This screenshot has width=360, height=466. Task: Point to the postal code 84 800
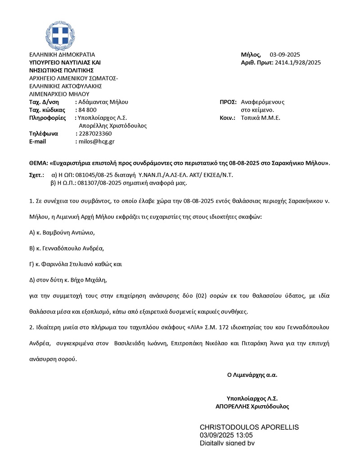[88, 110]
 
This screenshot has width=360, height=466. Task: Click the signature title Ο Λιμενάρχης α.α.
[252, 375]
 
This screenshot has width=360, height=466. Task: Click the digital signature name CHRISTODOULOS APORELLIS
[249, 427]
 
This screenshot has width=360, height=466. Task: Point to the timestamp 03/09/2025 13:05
[226, 435]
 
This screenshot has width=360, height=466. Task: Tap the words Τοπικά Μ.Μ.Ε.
[261, 118]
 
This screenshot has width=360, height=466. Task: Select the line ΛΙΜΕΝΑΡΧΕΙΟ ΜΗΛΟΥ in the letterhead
[59, 94]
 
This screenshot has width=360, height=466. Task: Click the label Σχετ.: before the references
[36, 175]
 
